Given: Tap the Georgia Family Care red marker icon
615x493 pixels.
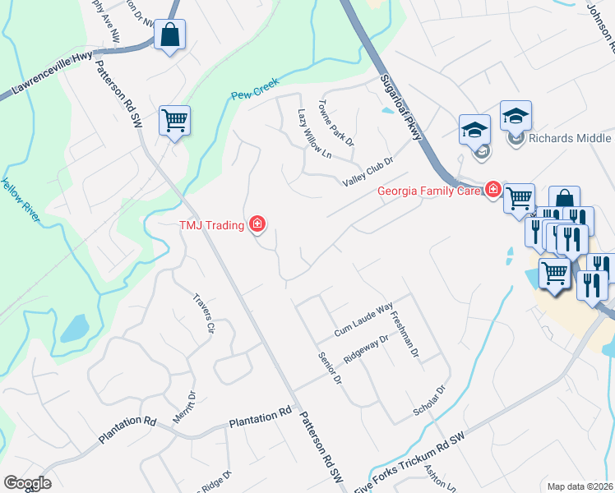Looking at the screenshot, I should coord(493,191).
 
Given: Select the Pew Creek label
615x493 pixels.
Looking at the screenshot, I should coord(255,88).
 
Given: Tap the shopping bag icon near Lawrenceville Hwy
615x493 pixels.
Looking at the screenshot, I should coord(169,35).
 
